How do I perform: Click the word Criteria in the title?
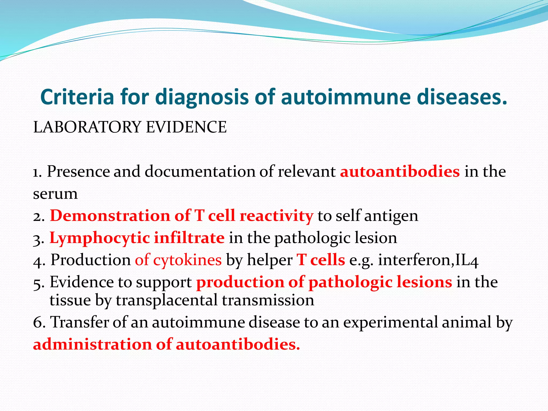(77, 97)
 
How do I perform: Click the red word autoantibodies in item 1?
(400, 172)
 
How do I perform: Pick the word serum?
(55, 194)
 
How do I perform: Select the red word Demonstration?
(110, 216)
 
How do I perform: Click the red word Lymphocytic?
(100, 238)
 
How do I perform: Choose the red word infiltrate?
(189, 238)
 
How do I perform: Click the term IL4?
(466, 260)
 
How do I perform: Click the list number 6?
(39, 322)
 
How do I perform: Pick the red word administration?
(92, 344)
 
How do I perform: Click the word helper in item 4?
(269, 260)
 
